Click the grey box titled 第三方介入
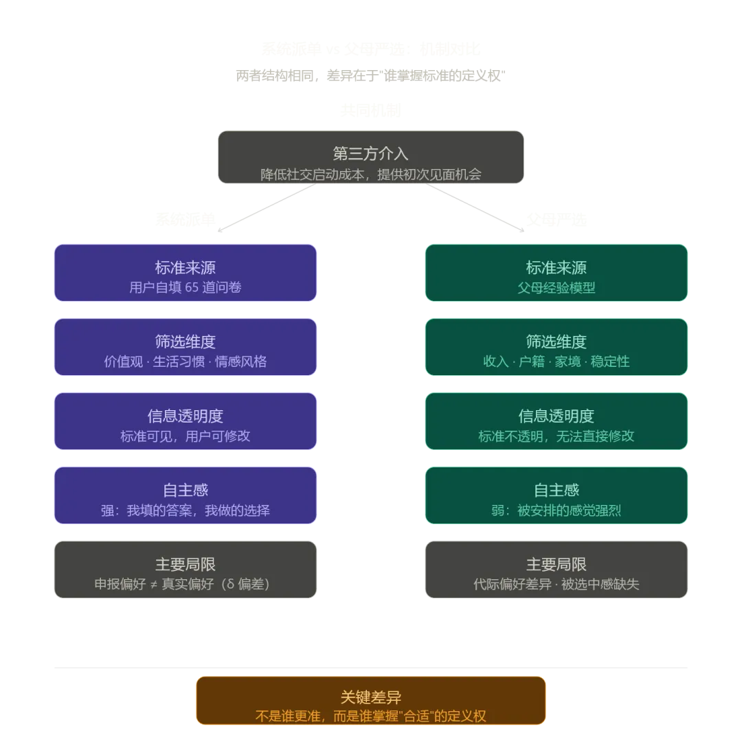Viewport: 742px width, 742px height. [371, 157]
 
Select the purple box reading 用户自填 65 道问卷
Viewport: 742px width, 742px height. [185, 273]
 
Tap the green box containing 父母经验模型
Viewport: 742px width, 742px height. [556, 273]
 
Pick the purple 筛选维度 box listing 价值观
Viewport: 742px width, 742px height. [185, 347]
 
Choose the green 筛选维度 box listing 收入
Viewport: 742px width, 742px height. [556, 347]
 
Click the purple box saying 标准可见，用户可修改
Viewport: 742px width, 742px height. [185, 421]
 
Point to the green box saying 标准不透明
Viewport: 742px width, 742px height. [556, 421]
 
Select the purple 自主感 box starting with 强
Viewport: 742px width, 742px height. [185, 495]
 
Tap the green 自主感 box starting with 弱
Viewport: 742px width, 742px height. [556, 495]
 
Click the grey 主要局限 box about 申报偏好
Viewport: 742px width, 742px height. [185, 570]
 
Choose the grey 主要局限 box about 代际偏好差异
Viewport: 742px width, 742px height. [556, 570]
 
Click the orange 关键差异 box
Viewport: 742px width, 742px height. [371, 701]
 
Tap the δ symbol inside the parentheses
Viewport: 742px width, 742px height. [230, 585]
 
